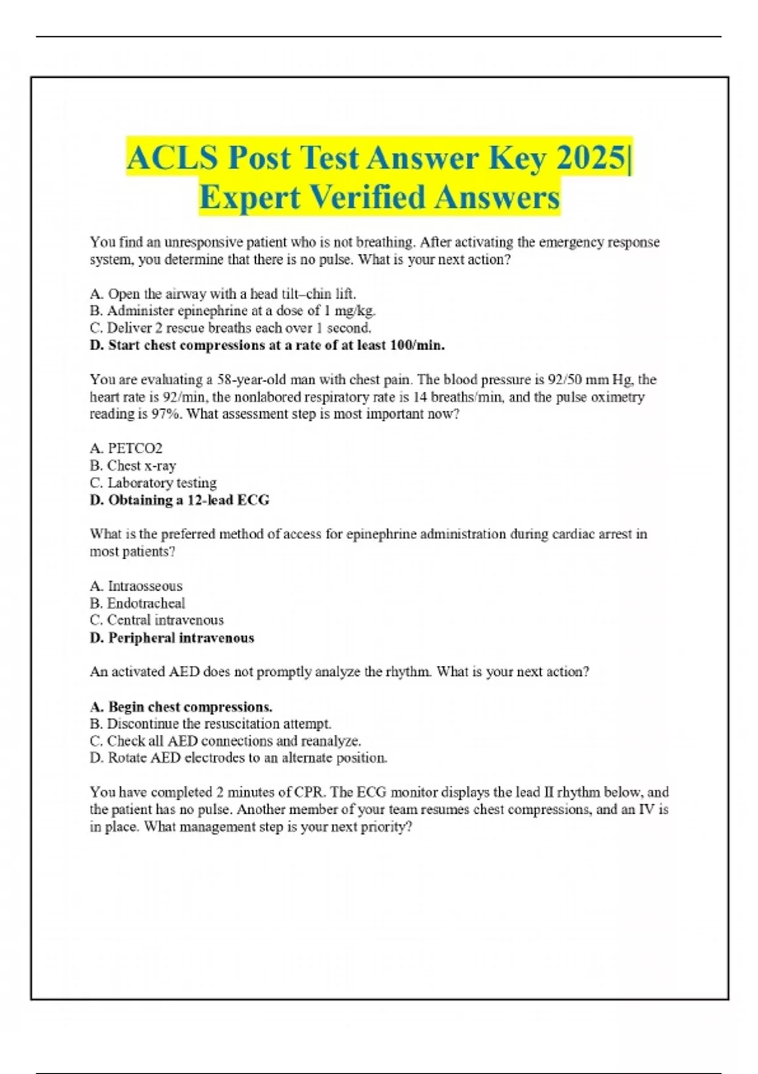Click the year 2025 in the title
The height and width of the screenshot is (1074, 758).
coord(592,158)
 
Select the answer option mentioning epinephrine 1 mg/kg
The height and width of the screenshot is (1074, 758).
coord(232,311)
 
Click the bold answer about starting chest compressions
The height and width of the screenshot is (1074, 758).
coord(267,346)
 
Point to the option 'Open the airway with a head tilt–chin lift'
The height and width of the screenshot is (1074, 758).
coord(223,294)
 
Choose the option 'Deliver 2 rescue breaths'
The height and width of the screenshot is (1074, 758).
coord(231,328)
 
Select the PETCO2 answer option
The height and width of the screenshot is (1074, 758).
coord(126,449)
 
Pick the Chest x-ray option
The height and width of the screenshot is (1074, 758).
coord(133,466)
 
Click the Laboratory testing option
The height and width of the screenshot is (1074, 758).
coord(153,483)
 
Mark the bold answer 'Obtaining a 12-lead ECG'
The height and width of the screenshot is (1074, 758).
coord(180,500)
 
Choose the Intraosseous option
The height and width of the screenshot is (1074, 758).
coord(136,586)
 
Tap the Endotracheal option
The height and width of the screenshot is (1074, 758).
coord(138,603)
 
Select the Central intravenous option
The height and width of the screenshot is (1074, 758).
coord(157,620)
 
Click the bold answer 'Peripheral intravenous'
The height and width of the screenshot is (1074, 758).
coord(172,638)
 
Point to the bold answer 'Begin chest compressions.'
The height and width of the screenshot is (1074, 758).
coord(181,707)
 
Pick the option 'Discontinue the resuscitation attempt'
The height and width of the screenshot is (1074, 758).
coord(210,724)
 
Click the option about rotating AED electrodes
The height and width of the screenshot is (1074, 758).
coord(239,758)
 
